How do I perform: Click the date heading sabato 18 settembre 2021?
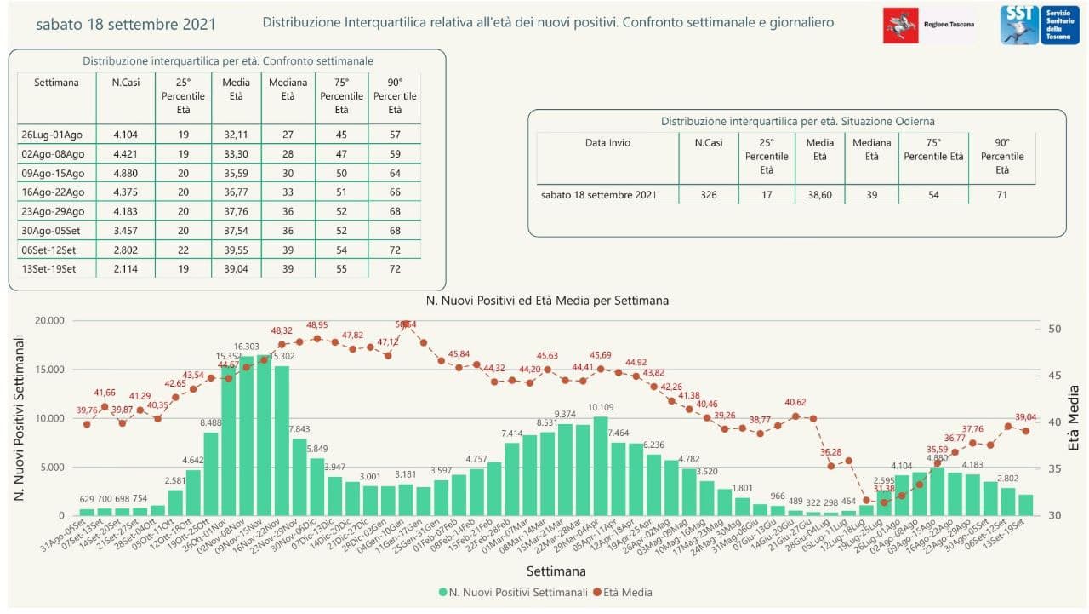click(x=126, y=24)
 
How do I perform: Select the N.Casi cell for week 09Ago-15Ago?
click(x=119, y=174)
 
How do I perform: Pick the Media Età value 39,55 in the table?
click(x=236, y=250)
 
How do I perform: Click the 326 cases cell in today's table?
click(x=708, y=195)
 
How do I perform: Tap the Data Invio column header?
click(x=607, y=143)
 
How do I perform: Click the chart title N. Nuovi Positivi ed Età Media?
click(x=547, y=301)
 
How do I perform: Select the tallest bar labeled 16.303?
click(x=247, y=434)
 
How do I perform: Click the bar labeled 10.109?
click(x=601, y=465)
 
